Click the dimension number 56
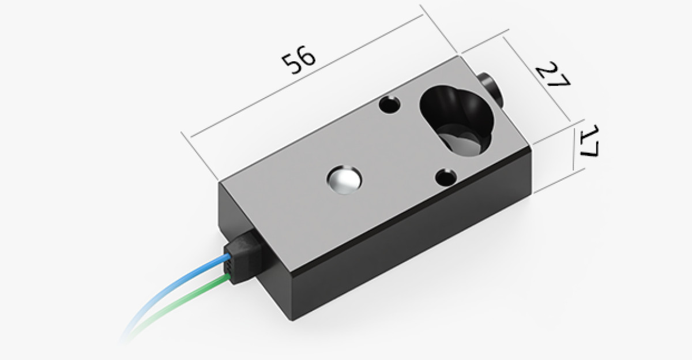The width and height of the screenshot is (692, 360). [x=299, y=60]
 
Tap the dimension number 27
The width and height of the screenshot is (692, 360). [x=553, y=75]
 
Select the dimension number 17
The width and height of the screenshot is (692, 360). [x=589, y=141]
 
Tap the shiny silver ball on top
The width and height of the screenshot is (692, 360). [x=344, y=180]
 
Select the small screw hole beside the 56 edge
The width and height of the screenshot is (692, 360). [x=390, y=104]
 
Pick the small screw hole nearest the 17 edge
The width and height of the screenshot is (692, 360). [x=446, y=178]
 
